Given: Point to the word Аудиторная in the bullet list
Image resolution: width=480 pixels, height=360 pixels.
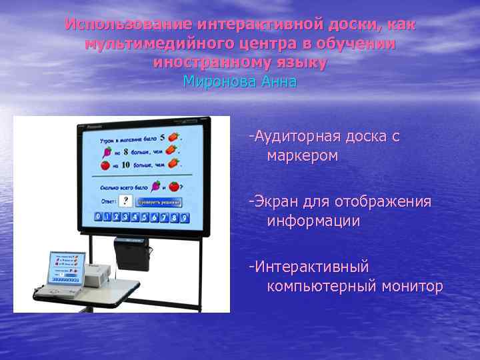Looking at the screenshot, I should tap(297, 137).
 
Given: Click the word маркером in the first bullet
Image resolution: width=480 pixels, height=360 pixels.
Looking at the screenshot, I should tap(303, 156).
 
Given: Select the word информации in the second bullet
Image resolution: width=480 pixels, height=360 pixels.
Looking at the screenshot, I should tap(313, 221).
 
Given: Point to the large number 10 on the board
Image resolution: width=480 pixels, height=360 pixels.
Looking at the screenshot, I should tap(125, 164).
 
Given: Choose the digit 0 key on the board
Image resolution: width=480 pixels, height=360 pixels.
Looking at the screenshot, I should tap(99, 217).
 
